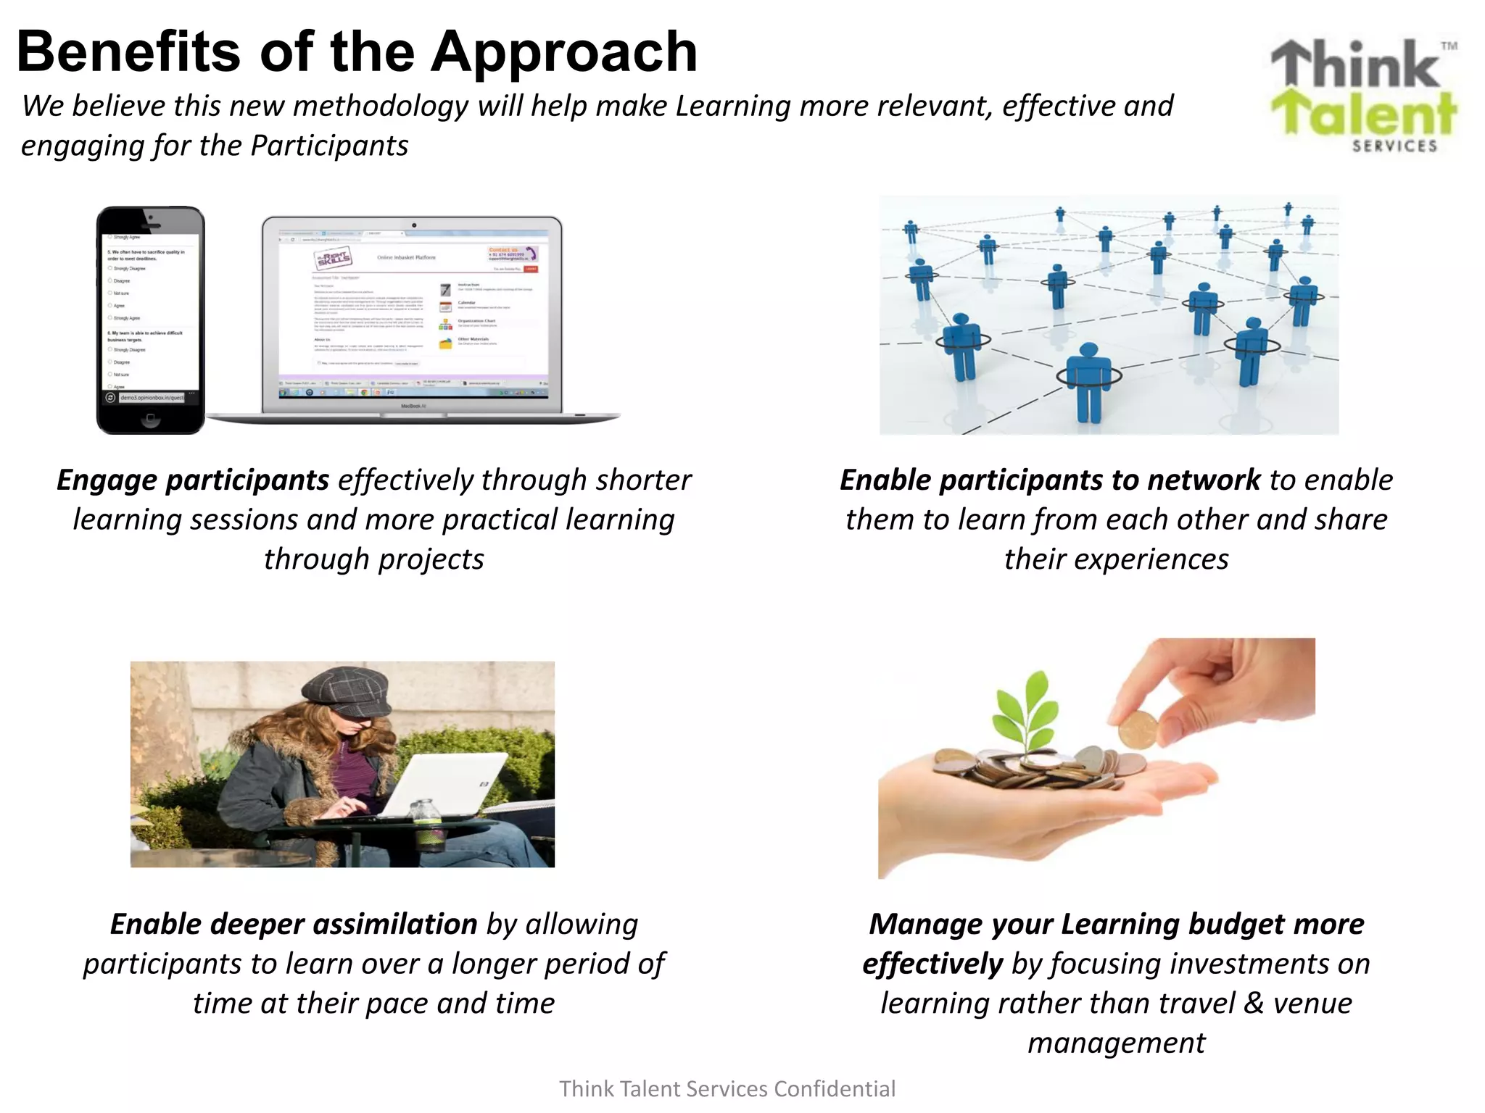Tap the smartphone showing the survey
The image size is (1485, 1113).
151,319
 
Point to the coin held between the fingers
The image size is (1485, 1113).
1138,730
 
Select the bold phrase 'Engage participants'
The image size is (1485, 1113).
193,480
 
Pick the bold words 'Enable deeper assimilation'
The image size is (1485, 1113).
294,925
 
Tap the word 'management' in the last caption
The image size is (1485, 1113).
1116,1043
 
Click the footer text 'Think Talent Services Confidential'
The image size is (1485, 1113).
727,1089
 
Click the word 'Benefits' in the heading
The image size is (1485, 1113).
128,52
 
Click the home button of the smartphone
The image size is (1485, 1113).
150,418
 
